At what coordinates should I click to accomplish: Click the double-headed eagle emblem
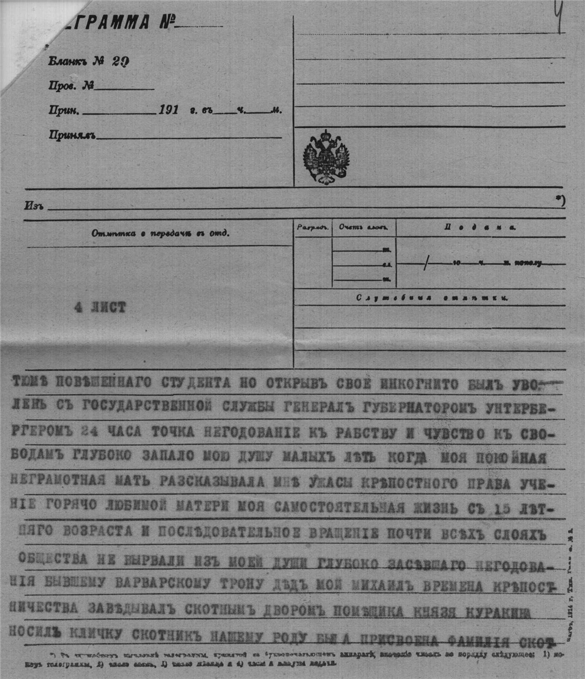326,157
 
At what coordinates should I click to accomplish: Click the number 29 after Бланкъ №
120,62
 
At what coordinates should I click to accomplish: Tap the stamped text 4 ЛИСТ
100,307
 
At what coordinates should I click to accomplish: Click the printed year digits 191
169,110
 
